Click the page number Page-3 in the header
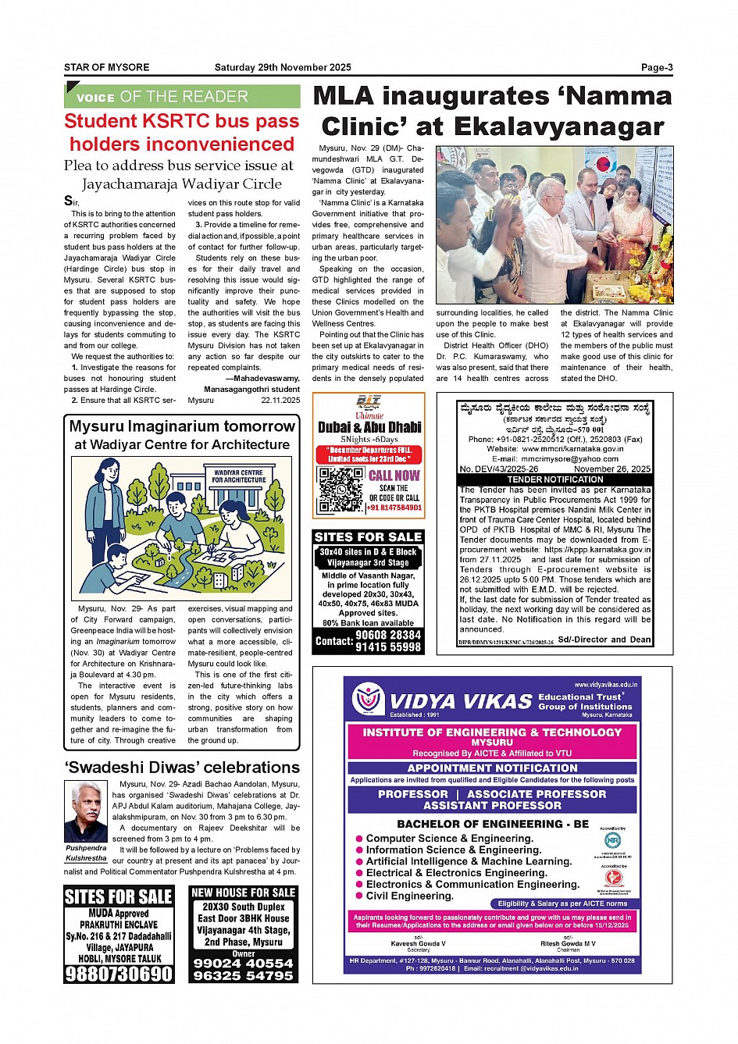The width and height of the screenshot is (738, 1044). [656, 67]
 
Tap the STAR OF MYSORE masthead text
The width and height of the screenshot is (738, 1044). [106, 67]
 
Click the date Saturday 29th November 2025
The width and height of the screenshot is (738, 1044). [283, 67]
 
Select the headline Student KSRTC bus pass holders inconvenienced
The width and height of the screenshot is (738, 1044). [181, 133]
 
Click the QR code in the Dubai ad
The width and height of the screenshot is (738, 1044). [340, 490]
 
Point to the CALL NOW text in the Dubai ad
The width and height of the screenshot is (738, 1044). [394, 475]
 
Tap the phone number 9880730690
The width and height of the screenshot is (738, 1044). [119, 974]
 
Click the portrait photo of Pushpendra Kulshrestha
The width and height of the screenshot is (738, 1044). [86, 811]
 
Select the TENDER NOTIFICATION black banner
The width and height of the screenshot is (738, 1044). [554, 479]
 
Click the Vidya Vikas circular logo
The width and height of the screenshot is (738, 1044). [366, 699]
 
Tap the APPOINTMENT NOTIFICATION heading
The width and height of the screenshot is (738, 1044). [492, 768]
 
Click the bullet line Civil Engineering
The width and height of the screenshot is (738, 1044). [409, 896]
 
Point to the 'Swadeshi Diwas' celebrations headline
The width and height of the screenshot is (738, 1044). [182, 767]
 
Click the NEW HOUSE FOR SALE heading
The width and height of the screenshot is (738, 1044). [244, 893]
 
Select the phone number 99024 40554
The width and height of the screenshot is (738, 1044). [244, 964]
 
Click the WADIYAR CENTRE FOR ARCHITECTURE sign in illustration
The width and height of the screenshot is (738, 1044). [238, 476]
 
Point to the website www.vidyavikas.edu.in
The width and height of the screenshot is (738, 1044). [605, 685]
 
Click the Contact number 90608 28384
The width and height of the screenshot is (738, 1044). [388, 635]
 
